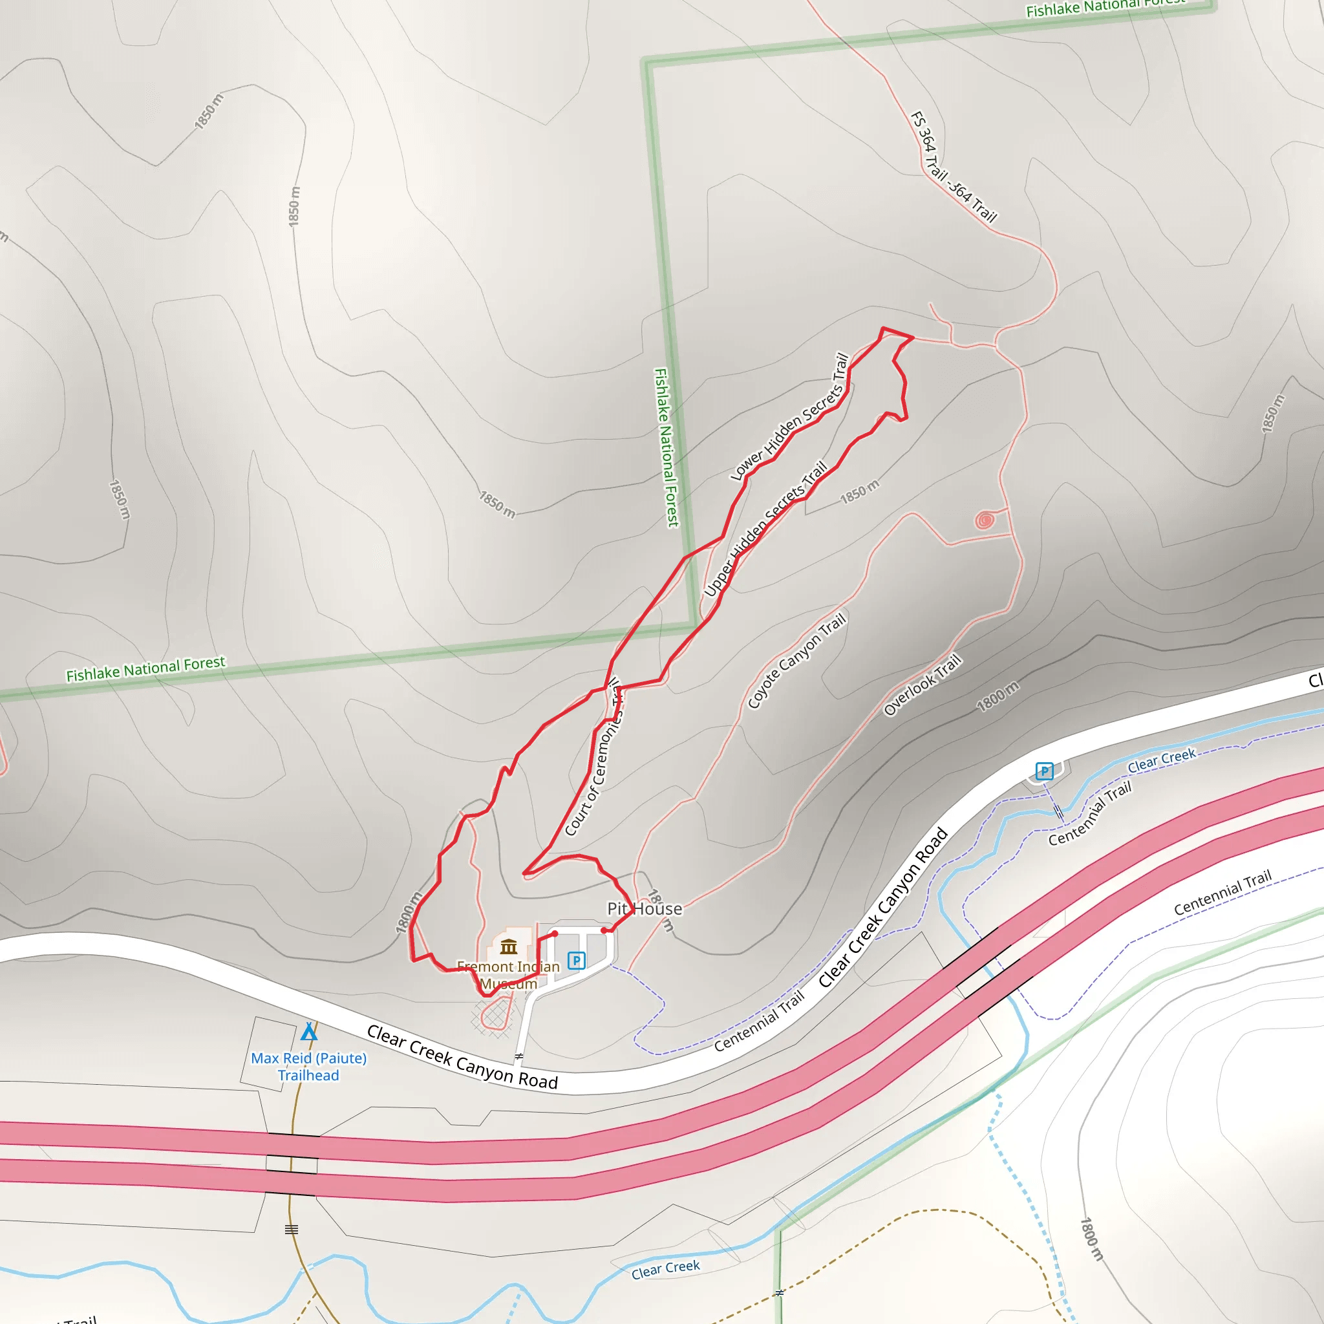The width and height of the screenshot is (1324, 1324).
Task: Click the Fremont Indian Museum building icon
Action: click(x=509, y=947)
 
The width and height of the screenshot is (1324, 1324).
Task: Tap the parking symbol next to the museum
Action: click(x=576, y=960)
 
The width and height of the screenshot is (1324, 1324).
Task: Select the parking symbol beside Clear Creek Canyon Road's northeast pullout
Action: click(x=1043, y=772)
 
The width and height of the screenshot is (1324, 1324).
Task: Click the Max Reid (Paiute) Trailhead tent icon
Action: click(x=309, y=1031)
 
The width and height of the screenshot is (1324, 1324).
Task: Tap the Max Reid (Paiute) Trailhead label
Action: click(x=308, y=1066)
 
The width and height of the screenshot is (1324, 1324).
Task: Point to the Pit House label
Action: click(x=644, y=909)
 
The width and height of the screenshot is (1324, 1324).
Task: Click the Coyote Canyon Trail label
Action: click(x=797, y=661)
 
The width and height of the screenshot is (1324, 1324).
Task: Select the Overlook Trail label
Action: click(x=923, y=685)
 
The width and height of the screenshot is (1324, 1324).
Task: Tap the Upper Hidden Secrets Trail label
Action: click(x=765, y=529)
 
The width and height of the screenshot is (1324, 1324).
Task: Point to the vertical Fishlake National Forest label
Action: click(x=666, y=447)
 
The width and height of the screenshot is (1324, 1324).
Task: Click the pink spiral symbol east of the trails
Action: click(x=985, y=520)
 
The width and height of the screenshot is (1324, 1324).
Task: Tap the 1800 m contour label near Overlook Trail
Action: click(x=998, y=696)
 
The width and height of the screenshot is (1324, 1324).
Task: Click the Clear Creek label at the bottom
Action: click(x=665, y=1268)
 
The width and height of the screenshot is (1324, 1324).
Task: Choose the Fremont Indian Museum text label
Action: click(x=509, y=975)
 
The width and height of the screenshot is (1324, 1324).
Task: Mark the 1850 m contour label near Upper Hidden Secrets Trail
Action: click(x=859, y=491)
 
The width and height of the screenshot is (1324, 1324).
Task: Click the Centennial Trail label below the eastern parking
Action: click(x=1091, y=814)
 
